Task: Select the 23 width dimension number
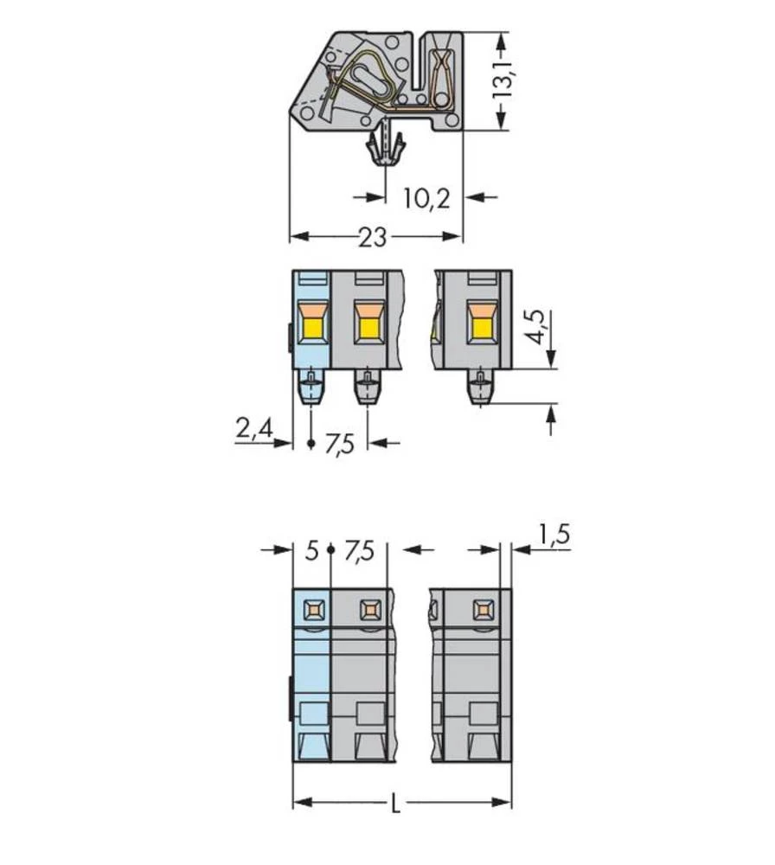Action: [x=373, y=237]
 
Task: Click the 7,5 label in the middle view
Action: [x=340, y=445]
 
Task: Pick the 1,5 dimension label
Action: [x=554, y=536]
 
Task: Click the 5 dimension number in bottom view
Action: [x=312, y=550]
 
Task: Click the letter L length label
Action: [x=394, y=804]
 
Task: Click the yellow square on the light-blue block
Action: [x=311, y=327]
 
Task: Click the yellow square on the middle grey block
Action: [x=368, y=327]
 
